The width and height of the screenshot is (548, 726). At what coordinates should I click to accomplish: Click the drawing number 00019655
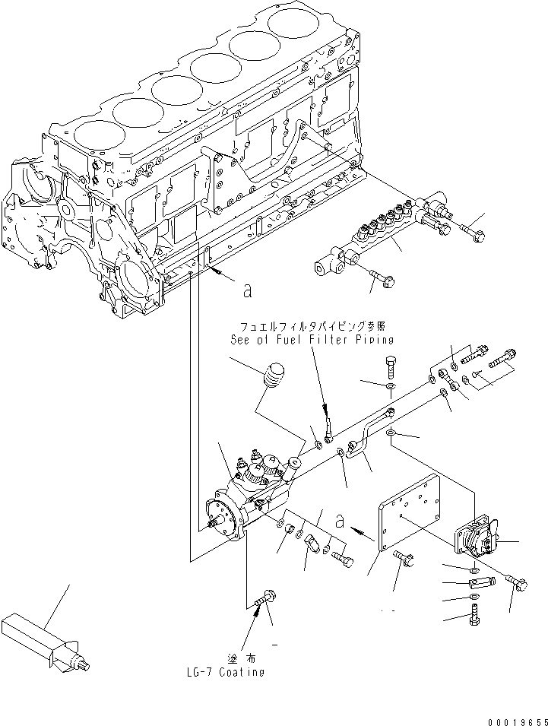[515, 718]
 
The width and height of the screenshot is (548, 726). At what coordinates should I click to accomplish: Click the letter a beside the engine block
[247, 290]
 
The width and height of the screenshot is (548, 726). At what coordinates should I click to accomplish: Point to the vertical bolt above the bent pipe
[389, 368]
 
